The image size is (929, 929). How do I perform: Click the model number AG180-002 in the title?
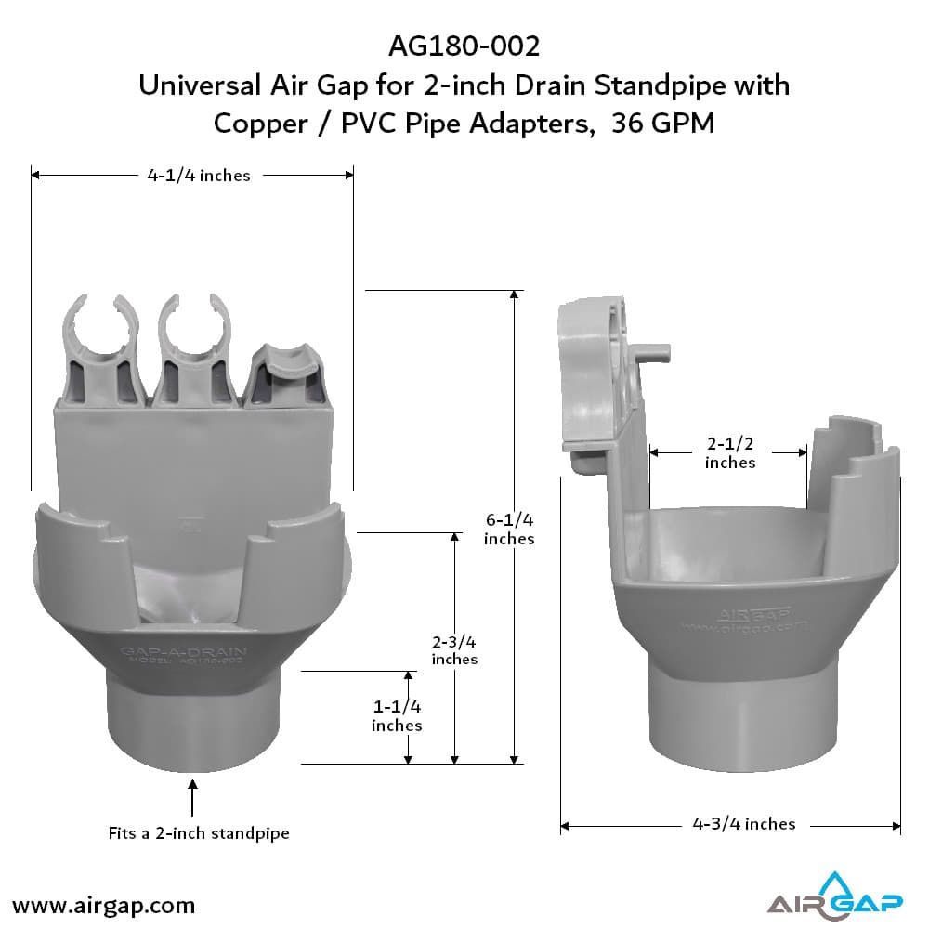463,46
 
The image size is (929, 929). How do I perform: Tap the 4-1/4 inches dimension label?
198,175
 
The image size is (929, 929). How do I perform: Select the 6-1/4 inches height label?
509,529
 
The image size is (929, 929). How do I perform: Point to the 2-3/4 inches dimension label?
454,649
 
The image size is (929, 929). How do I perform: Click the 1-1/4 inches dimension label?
397,715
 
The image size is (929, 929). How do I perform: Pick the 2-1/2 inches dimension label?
729,452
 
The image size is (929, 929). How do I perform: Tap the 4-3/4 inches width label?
744,823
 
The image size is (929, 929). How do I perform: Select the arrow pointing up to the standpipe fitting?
193,798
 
